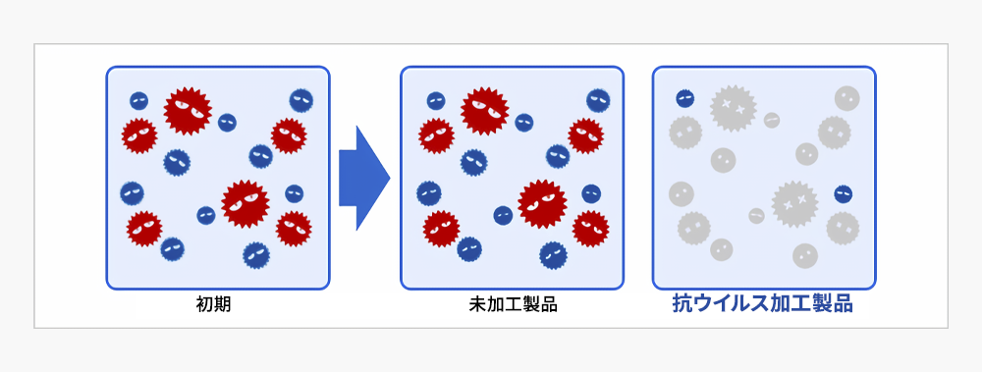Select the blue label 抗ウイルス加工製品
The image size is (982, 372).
pos(762,304)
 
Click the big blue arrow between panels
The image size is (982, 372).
pos(363,178)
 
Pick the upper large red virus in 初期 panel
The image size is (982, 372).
pos(187,110)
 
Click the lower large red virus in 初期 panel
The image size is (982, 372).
pos(245,203)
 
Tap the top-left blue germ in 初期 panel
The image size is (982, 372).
pos(139,100)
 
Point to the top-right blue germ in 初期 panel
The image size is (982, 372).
pos(301,100)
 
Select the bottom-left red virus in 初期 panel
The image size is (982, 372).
pos(144,229)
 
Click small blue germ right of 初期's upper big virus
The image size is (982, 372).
pos(227,122)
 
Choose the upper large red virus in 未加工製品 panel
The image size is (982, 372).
pos(484,110)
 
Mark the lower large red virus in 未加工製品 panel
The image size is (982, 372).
pos(542,203)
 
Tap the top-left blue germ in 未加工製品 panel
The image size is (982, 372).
pos(436,100)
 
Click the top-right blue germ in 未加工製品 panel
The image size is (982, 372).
pos(598,100)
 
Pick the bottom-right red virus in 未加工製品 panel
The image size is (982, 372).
pos(590,229)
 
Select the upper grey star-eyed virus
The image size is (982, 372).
pos(733,107)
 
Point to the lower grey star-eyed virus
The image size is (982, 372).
pos(794,203)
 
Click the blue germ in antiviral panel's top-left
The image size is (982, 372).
pos(685,98)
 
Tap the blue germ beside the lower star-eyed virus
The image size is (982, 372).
pos(843,193)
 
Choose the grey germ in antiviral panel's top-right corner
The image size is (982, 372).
pos(846,98)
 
